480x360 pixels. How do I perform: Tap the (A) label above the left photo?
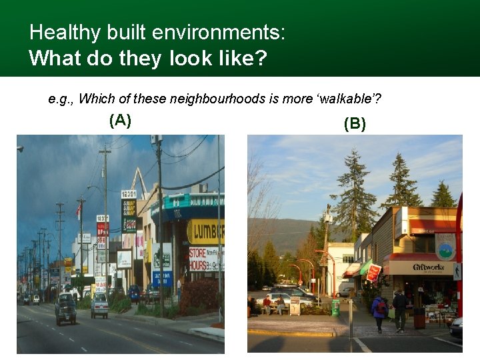click(x=120, y=121)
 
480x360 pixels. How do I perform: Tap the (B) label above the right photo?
click(x=355, y=124)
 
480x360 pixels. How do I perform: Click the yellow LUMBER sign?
click(x=205, y=232)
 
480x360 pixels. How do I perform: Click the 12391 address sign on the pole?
click(x=129, y=195)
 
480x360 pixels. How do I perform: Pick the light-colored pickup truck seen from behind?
click(x=100, y=305)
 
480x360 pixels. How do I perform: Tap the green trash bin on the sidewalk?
click(x=335, y=307)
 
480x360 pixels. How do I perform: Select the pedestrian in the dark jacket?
click(x=399, y=309)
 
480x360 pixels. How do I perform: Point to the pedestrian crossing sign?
click(x=457, y=271)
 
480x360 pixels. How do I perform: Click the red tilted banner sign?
click(x=373, y=272)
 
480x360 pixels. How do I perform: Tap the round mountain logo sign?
click(x=445, y=250)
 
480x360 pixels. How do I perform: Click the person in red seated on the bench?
click(x=267, y=304)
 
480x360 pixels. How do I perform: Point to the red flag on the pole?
click(x=79, y=212)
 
